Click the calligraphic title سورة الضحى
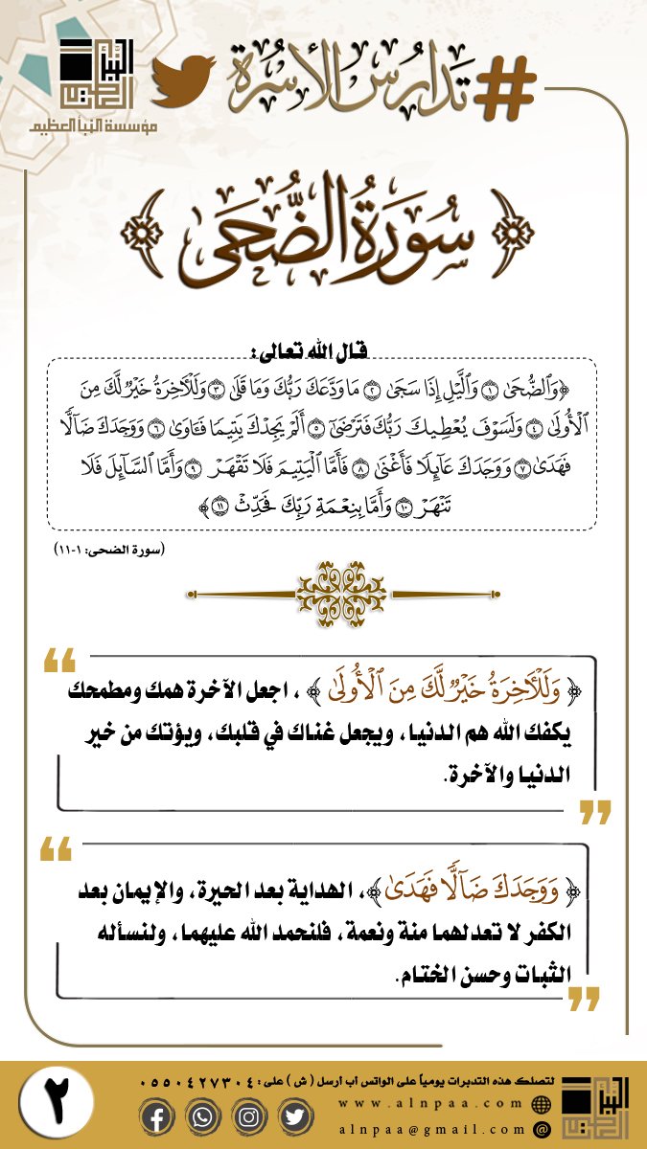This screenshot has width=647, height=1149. point(326,231)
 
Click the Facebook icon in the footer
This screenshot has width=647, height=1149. point(158,1117)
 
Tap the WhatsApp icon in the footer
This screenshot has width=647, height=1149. point(202,1117)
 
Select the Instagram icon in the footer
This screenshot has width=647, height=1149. point(247,1117)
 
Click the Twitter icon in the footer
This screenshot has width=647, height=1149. point(292,1117)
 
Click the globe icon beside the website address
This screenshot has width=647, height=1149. point(542,1104)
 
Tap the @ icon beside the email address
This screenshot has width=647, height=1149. point(542,1130)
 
